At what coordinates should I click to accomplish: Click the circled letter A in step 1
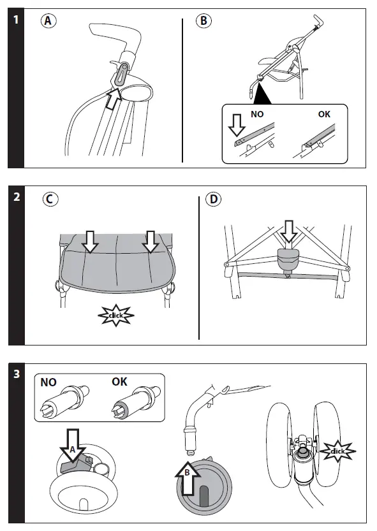coord(48,20)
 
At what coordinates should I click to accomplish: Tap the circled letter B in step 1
coord(203,20)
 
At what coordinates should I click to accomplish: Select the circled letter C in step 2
coord(50,199)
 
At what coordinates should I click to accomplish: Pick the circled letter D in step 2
coord(214,199)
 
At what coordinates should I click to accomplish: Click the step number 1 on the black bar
coord(16,20)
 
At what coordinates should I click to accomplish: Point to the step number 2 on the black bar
coord(17,197)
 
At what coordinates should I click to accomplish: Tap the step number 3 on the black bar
coord(17,374)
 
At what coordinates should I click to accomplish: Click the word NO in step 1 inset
coord(257,115)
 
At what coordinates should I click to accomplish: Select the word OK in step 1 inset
coord(324,115)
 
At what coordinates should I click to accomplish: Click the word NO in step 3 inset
coord(48,382)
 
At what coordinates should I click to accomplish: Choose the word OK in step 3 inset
coord(119,382)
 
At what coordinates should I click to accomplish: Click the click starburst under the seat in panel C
coord(116,316)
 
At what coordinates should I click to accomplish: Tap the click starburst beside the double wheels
coord(337,451)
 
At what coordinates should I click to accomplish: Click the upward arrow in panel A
coord(113,99)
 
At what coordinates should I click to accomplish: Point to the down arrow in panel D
coord(289,231)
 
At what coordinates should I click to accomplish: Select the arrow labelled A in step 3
coord(73,445)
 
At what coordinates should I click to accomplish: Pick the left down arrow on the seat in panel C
coord(90,242)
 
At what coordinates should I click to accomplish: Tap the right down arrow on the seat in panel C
coord(151,242)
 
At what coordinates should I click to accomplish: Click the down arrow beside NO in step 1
coord(237,126)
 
